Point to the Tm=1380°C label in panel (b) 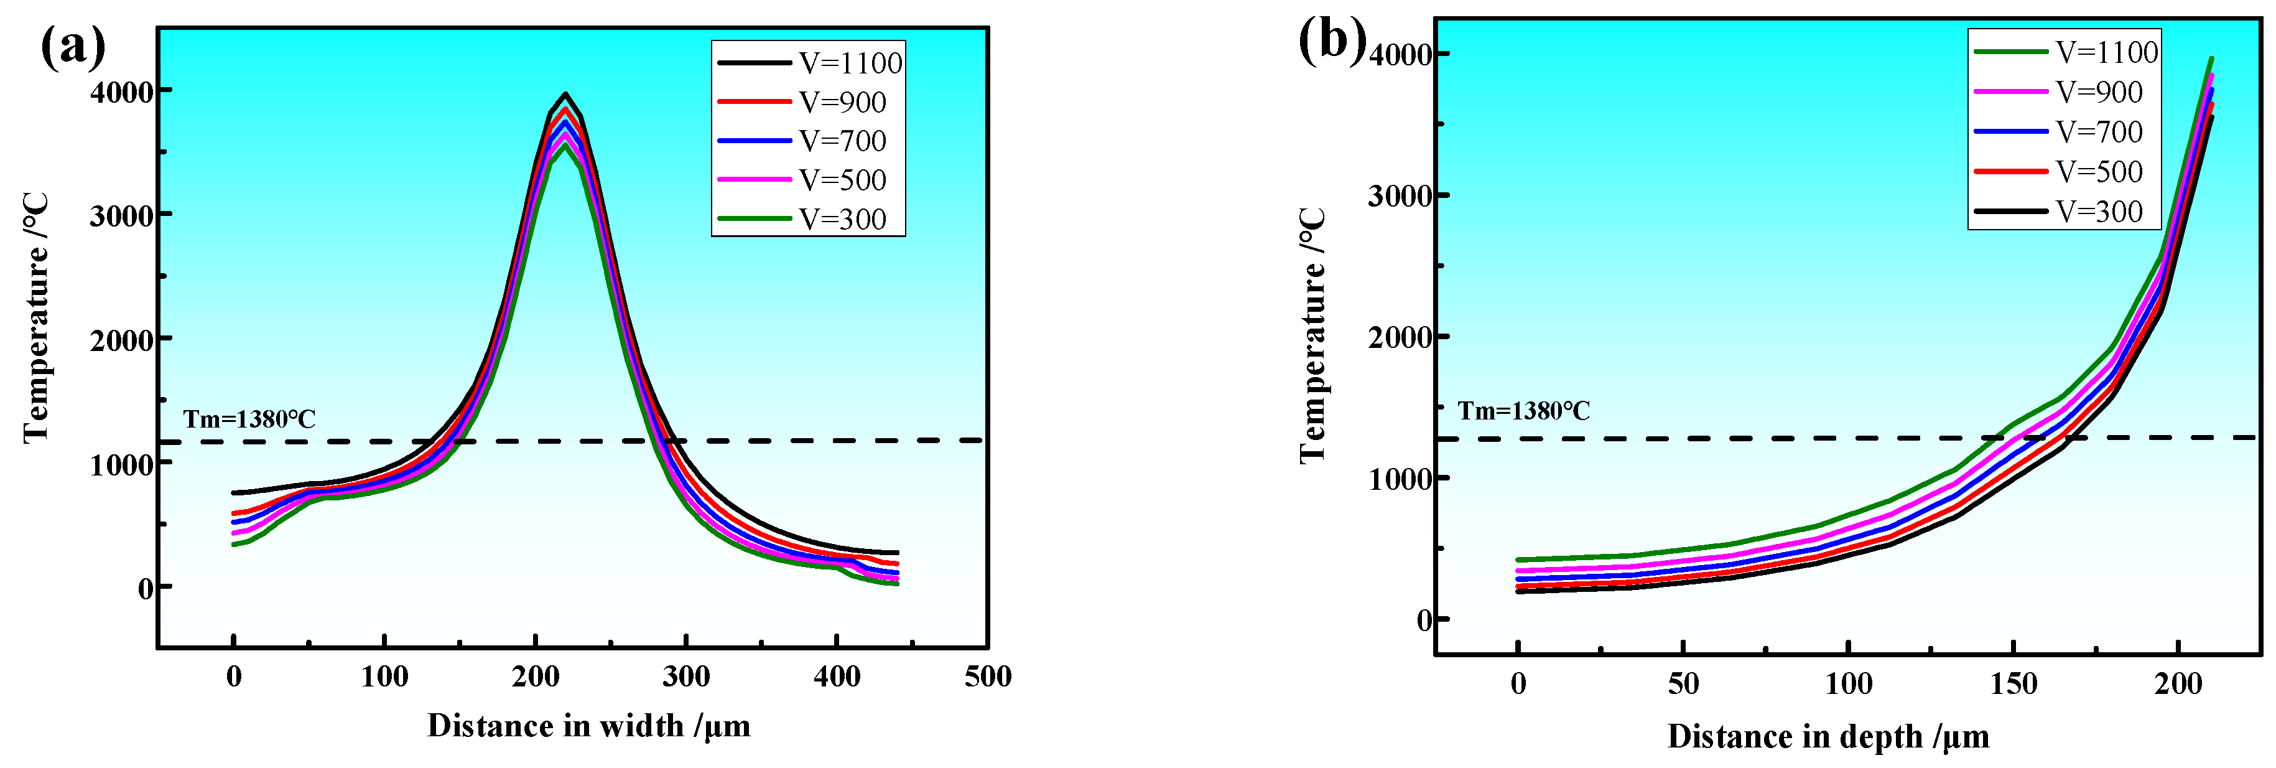pyautogui.click(x=1523, y=411)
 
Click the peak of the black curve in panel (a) pyautogui.click(x=565, y=94)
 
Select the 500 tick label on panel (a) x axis pyautogui.click(x=987, y=677)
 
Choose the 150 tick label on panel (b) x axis pyautogui.click(x=2013, y=684)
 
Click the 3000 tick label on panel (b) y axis pyautogui.click(x=1399, y=196)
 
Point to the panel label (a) pyautogui.click(x=72, y=46)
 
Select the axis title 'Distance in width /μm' pyautogui.click(x=588, y=726)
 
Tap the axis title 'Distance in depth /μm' pyautogui.click(x=1828, y=736)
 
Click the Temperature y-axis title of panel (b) pyautogui.click(x=1313, y=336)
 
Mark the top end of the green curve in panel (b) pyautogui.click(x=2211, y=59)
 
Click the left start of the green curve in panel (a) pyautogui.click(x=234, y=545)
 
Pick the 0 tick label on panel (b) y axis pyautogui.click(x=1423, y=620)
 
